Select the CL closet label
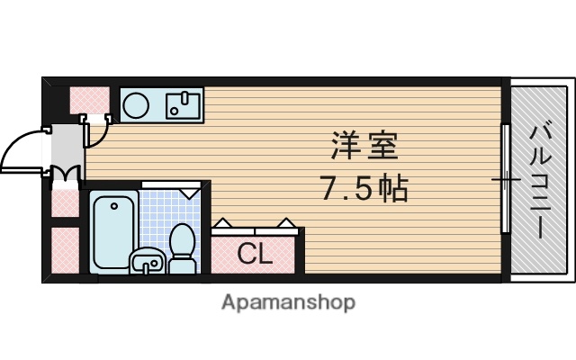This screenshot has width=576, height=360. pyautogui.click(x=254, y=254)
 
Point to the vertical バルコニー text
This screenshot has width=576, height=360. pyautogui.click(x=539, y=181)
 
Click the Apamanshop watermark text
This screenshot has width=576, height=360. pyautogui.click(x=288, y=301)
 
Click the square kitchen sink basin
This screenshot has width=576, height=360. pyautogui.click(x=184, y=105)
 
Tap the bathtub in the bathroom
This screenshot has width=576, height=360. pyautogui.click(x=114, y=231)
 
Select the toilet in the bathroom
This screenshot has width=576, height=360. pyautogui.click(x=183, y=247)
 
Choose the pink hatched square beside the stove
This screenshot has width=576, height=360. pyautogui.click(x=89, y=99)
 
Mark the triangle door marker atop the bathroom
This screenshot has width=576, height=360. pyautogui.click(x=189, y=191)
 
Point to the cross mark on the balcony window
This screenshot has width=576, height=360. pyautogui.click(x=505, y=180)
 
